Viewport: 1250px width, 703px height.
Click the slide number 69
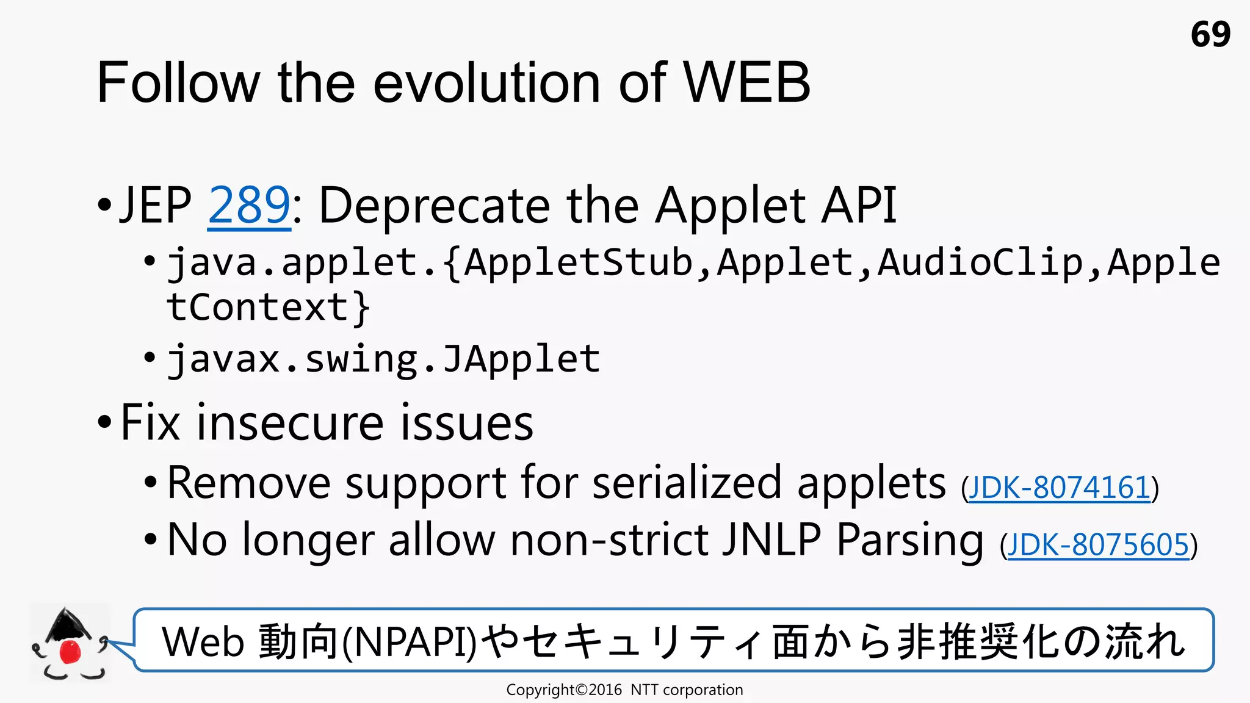[x=1210, y=34]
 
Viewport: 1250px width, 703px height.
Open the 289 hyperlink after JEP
[x=249, y=206]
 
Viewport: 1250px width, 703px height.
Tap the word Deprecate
[x=434, y=206]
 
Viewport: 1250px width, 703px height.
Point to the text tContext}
[x=268, y=306]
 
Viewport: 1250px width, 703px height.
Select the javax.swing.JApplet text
[x=384, y=359]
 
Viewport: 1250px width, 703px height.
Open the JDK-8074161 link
[x=1059, y=488]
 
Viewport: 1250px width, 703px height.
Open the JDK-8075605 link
[x=1098, y=545]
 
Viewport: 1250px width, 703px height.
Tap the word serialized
[x=687, y=483]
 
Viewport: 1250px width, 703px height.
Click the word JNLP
[x=771, y=540]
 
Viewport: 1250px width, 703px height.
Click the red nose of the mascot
[x=70, y=651]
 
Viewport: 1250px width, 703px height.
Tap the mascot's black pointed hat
[x=67, y=624]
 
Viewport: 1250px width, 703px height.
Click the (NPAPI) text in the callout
[x=410, y=642]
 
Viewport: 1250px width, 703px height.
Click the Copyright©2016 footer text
[x=564, y=690]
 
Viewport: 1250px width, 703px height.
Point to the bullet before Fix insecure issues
[x=104, y=422]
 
